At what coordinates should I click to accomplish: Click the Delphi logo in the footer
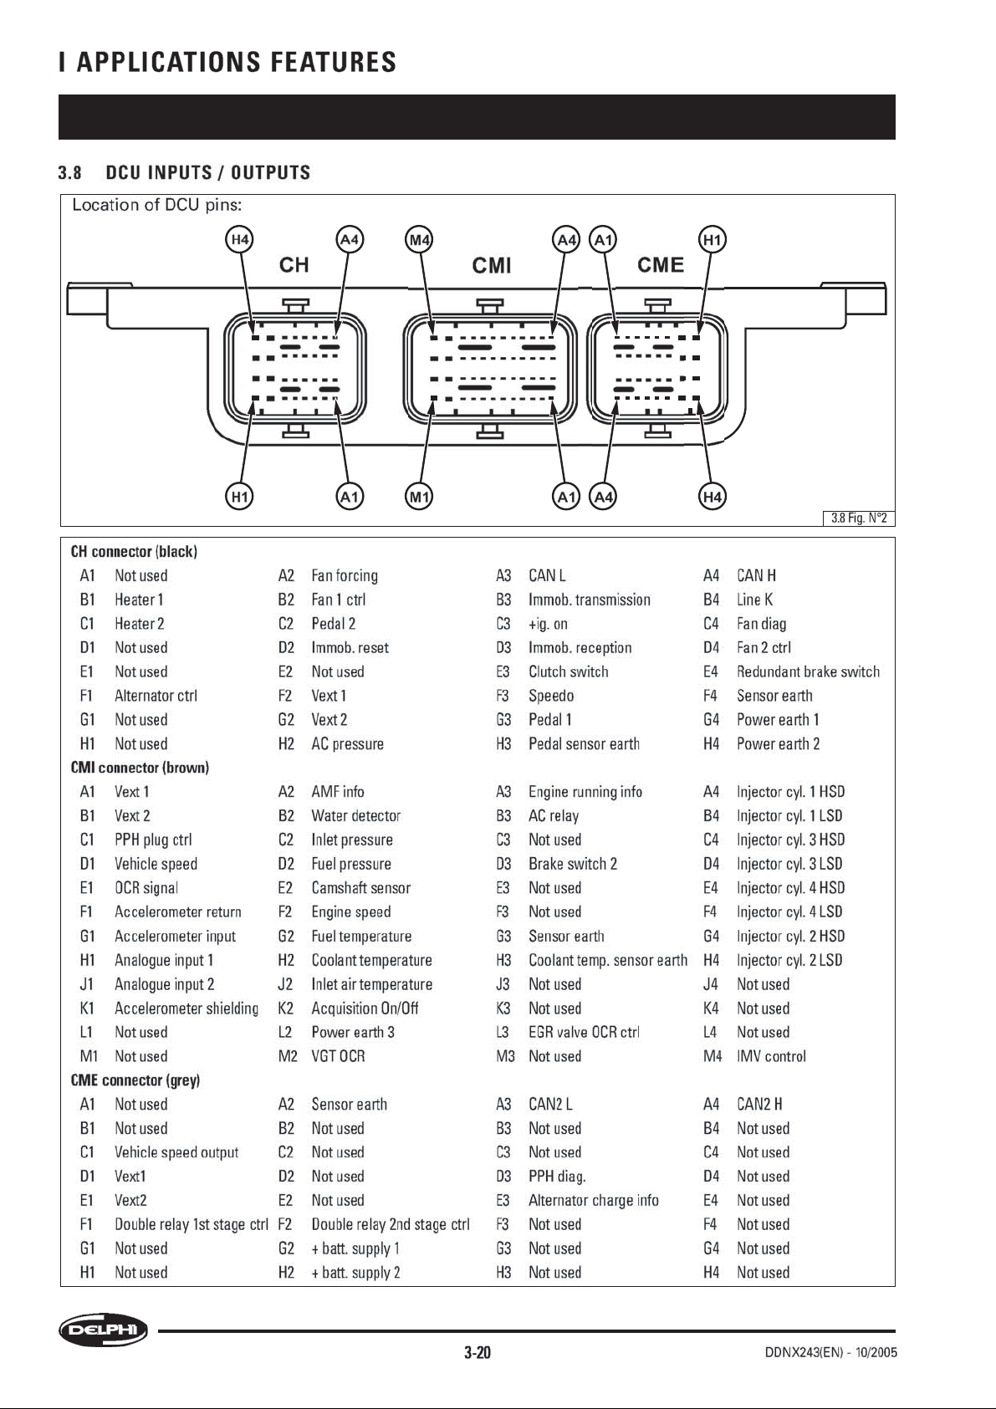[x=103, y=1330]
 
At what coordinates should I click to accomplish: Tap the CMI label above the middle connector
[x=492, y=265]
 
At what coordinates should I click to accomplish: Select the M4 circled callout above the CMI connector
[x=420, y=240]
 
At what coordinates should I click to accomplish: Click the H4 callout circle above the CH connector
[x=240, y=240]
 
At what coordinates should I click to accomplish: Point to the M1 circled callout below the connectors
[x=420, y=497]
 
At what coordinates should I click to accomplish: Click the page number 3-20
[x=478, y=1352]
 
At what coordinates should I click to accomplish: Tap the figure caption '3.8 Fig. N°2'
[x=859, y=518]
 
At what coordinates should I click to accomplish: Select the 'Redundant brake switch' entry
[x=809, y=671]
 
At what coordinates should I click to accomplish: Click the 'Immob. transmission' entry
[x=590, y=600]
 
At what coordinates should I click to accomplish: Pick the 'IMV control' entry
[x=771, y=1056]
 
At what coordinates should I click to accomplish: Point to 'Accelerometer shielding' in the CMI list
[x=186, y=1008]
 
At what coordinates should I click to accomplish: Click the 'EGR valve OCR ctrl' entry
[x=584, y=1032]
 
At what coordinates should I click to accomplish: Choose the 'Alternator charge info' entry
[x=593, y=1200]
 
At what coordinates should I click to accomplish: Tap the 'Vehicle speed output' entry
[x=176, y=1152]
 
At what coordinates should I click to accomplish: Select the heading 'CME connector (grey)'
[x=135, y=1080]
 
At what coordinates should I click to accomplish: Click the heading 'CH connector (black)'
[x=134, y=552]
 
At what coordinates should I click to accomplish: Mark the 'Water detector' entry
[x=356, y=816]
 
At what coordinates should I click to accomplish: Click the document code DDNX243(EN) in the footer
[x=804, y=1352]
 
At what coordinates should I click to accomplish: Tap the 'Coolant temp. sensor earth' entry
[x=608, y=960]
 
